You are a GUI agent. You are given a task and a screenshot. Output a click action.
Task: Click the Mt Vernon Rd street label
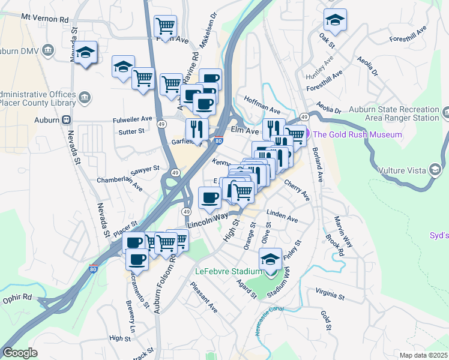pyautogui.click(x=44, y=19)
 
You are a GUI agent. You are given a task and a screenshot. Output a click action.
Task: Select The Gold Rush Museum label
pyautogui.click(x=358, y=134)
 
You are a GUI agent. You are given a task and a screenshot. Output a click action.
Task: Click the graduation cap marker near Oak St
pyautogui.click(x=335, y=20)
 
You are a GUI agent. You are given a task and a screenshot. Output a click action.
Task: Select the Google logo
pyautogui.click(x=20, y=353)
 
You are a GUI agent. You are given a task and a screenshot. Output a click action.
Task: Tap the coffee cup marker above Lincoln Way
pyautogui.click(x=209, y=198)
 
